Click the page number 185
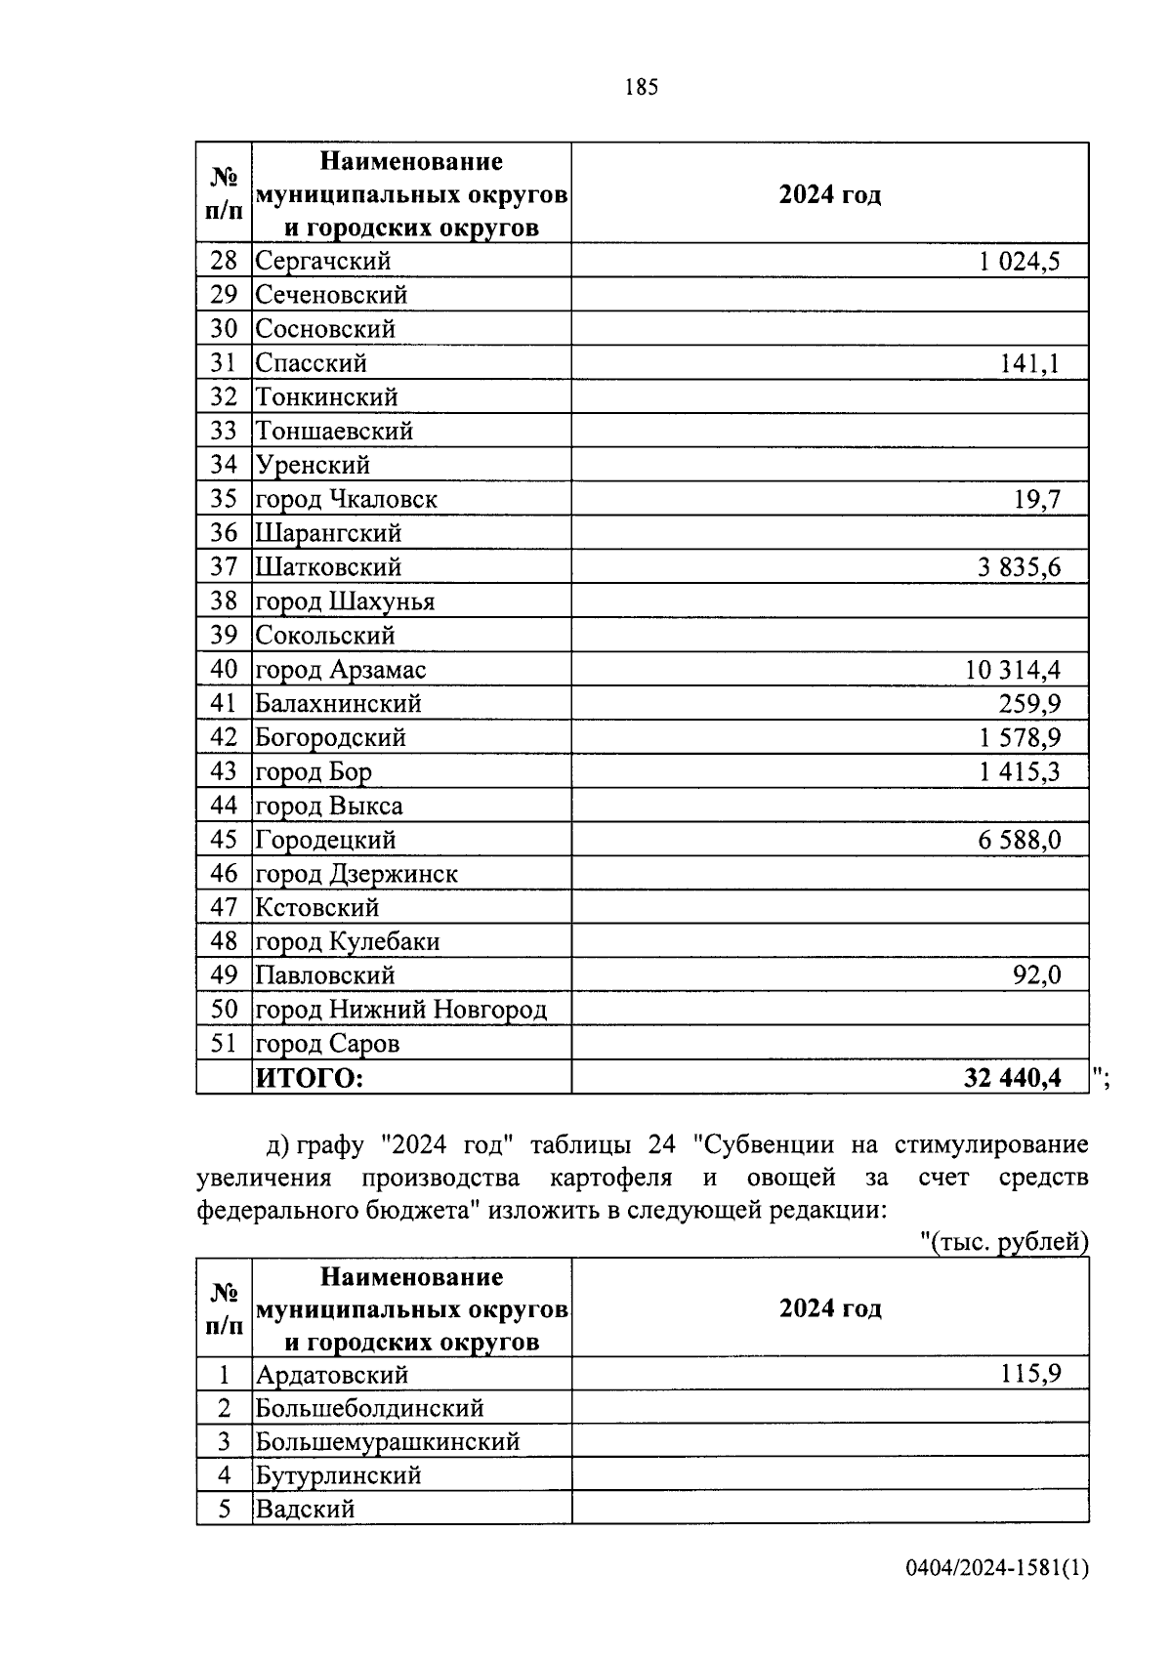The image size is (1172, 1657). pos(641,88)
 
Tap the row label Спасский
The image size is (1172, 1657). pos(311,363)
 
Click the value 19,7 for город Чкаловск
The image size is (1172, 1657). pos(1037,500)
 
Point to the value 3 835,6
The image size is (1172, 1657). pos(1019,567)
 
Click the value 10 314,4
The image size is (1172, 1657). pos(1013,670)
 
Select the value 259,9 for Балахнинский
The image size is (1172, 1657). pos(1029,704)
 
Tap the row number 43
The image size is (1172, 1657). pos(224,771)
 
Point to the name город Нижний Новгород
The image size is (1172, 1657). pos(400,1010)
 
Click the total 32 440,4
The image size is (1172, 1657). pos(1012,1078)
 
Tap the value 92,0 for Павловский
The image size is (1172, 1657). pos(1036,975)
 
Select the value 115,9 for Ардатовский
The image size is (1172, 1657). pos(1029,1375)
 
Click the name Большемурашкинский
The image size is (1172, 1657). pos(387,1442)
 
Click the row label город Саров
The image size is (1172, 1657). pos(327,1044)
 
